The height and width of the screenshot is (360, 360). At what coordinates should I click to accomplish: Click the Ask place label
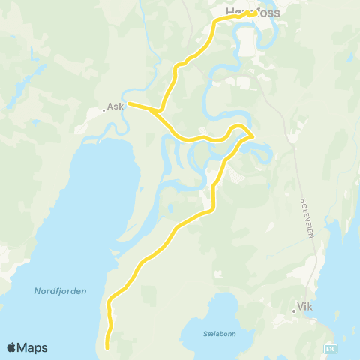coord(115,106)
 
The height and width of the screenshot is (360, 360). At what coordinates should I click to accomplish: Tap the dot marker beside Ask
coord(103,110)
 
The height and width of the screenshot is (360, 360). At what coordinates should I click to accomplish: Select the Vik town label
coord(304,306)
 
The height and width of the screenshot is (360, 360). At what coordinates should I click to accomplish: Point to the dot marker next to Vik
coord(293,310)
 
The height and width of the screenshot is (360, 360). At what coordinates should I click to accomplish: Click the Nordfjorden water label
coord(60,290)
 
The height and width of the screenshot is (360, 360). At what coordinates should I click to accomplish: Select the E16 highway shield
coord(330,348)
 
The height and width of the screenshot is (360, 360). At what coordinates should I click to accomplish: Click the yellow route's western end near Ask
coord(129,103)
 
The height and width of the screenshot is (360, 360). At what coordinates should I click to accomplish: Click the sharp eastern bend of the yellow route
coord(251,135)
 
